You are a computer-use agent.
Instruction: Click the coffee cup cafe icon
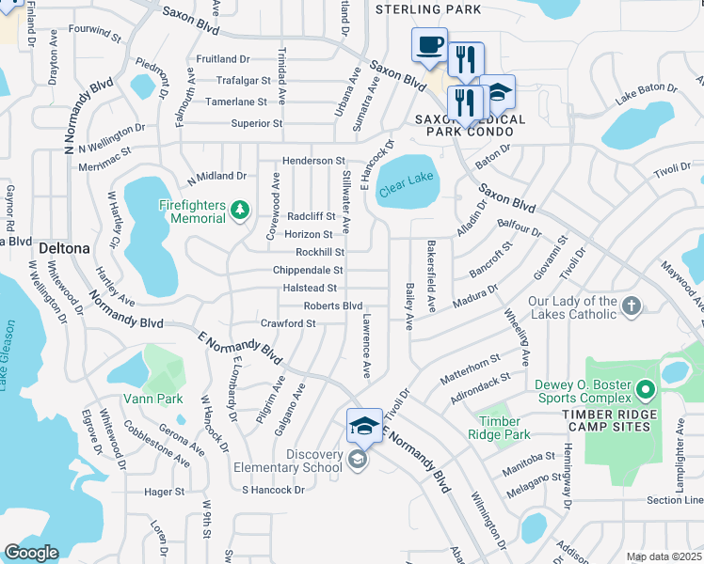[x=429, y=45]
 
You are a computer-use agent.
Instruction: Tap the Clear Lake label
[x=407, y=186]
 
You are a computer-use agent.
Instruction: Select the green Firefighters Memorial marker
[x=240, y=209]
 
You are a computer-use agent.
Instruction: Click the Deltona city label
[x=64, y=248]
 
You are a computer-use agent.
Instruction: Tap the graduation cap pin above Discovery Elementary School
[x=364, y=427]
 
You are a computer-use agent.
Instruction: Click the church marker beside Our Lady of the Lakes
[x=632, y=305]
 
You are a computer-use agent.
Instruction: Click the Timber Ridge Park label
[x=504, y=428]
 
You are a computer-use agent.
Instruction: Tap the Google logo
[x=32, y=553]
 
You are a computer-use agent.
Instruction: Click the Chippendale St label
[x=307, y=270]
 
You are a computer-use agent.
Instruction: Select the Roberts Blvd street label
[x=332, y=305]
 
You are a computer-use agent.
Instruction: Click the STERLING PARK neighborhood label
[x=428, y=9]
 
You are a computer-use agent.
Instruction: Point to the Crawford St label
[x=287, y=323]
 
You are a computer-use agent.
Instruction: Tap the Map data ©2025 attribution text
[x=664, y=556]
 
